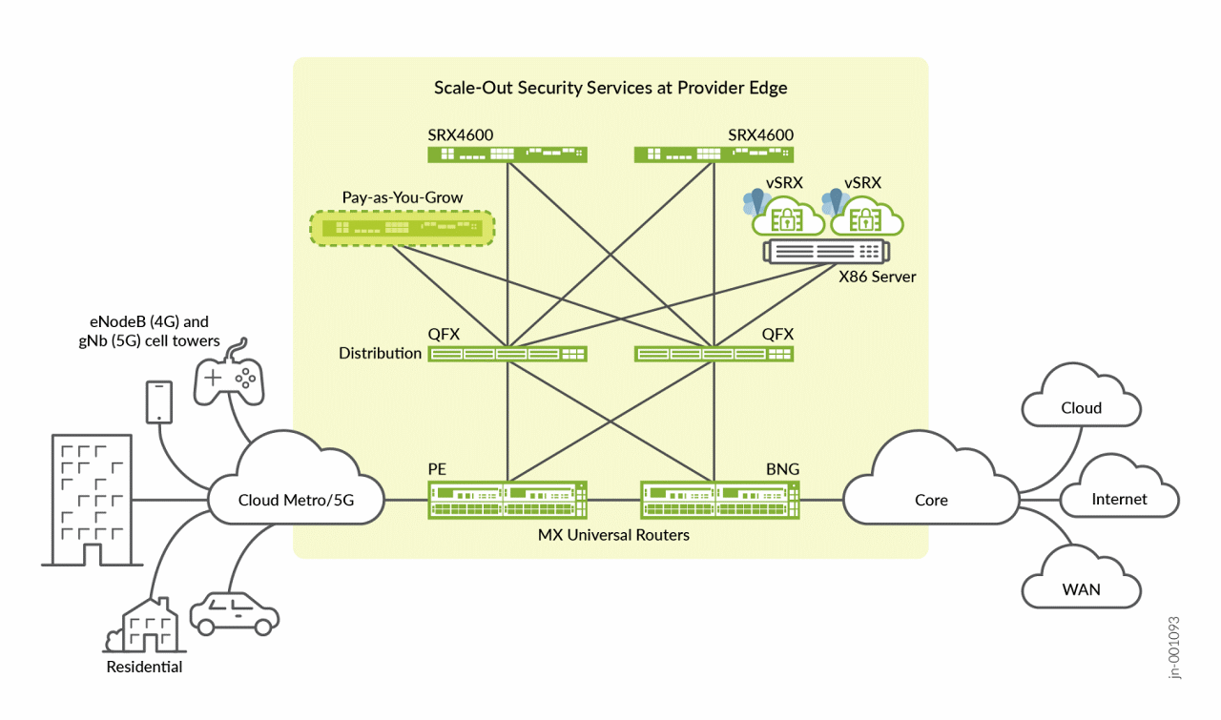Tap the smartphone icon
coord(158,401)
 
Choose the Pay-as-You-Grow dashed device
coord(403,228)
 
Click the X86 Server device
coord(826,253)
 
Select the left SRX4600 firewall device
coord(507,154)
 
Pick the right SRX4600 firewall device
coord(714,154)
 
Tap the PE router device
coord(507,500)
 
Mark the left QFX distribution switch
coord(507,354)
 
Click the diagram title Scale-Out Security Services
coord(610,88)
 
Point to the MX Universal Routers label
coord(612,535)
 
